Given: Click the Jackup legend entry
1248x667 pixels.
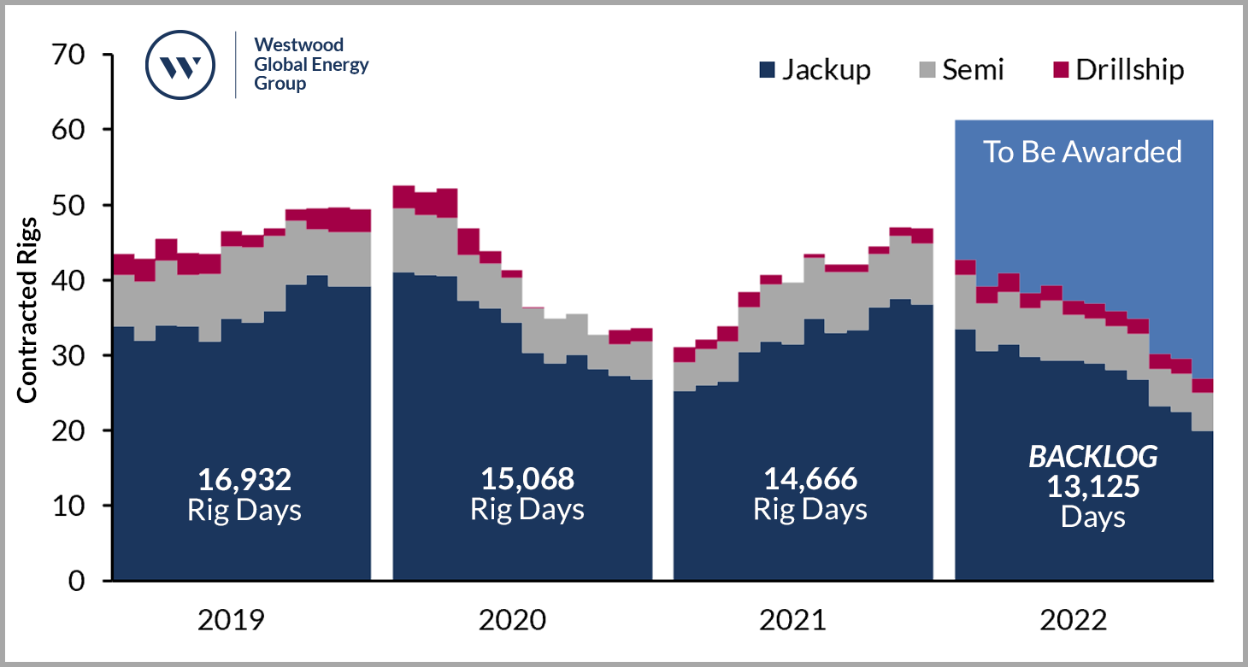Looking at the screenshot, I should click(x=815, y=69).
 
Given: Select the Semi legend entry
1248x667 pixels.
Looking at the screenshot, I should click(x=962, y=69).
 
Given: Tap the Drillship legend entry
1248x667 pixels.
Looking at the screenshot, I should click(x=1118, y=69).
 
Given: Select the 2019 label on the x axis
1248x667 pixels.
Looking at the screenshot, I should click(x=231, y=619).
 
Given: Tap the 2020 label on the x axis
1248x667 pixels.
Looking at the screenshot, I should click(x=512, y=619).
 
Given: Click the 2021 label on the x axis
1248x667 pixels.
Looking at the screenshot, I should click(x=792, y=619).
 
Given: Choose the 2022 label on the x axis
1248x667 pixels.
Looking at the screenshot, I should click(x=1074, y=619).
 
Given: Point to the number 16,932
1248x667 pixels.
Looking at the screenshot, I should click(x=244, y=479).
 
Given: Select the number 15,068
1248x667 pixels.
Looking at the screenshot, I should click(x=527, y=479).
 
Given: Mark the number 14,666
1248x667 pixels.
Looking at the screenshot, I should click(x=809, y=479).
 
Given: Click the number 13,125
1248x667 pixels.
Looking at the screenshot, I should click(x=1092, y=488).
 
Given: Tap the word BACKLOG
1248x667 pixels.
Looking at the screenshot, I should click(x=1092, y=458).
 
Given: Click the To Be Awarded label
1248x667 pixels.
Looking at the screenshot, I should click(x=1082, y=151).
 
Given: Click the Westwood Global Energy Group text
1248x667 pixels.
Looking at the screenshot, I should click(x=311, y=65).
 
